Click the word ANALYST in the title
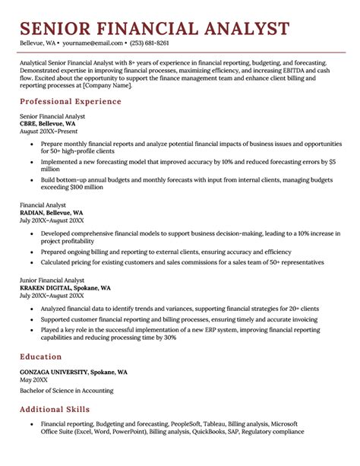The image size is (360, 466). [x=239, y=29]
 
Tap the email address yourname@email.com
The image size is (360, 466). [x=93, y=43]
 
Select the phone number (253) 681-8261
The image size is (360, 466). [x=150, y=43]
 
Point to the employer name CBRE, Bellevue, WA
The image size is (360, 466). [x=48, y=123]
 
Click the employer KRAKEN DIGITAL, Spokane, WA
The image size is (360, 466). [x=65, y=288]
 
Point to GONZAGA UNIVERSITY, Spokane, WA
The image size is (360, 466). [x=74, y=372]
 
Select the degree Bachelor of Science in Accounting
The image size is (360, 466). [x=67, y=391]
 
